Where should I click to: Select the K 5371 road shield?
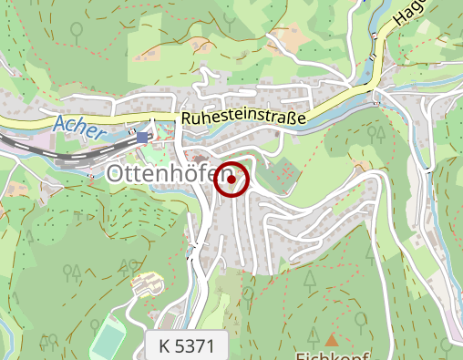point(186,347)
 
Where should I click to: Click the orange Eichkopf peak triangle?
point(332,340)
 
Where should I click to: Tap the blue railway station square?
point(142,138)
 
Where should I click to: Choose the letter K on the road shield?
point(164,347)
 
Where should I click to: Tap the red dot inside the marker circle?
point(231,180)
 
